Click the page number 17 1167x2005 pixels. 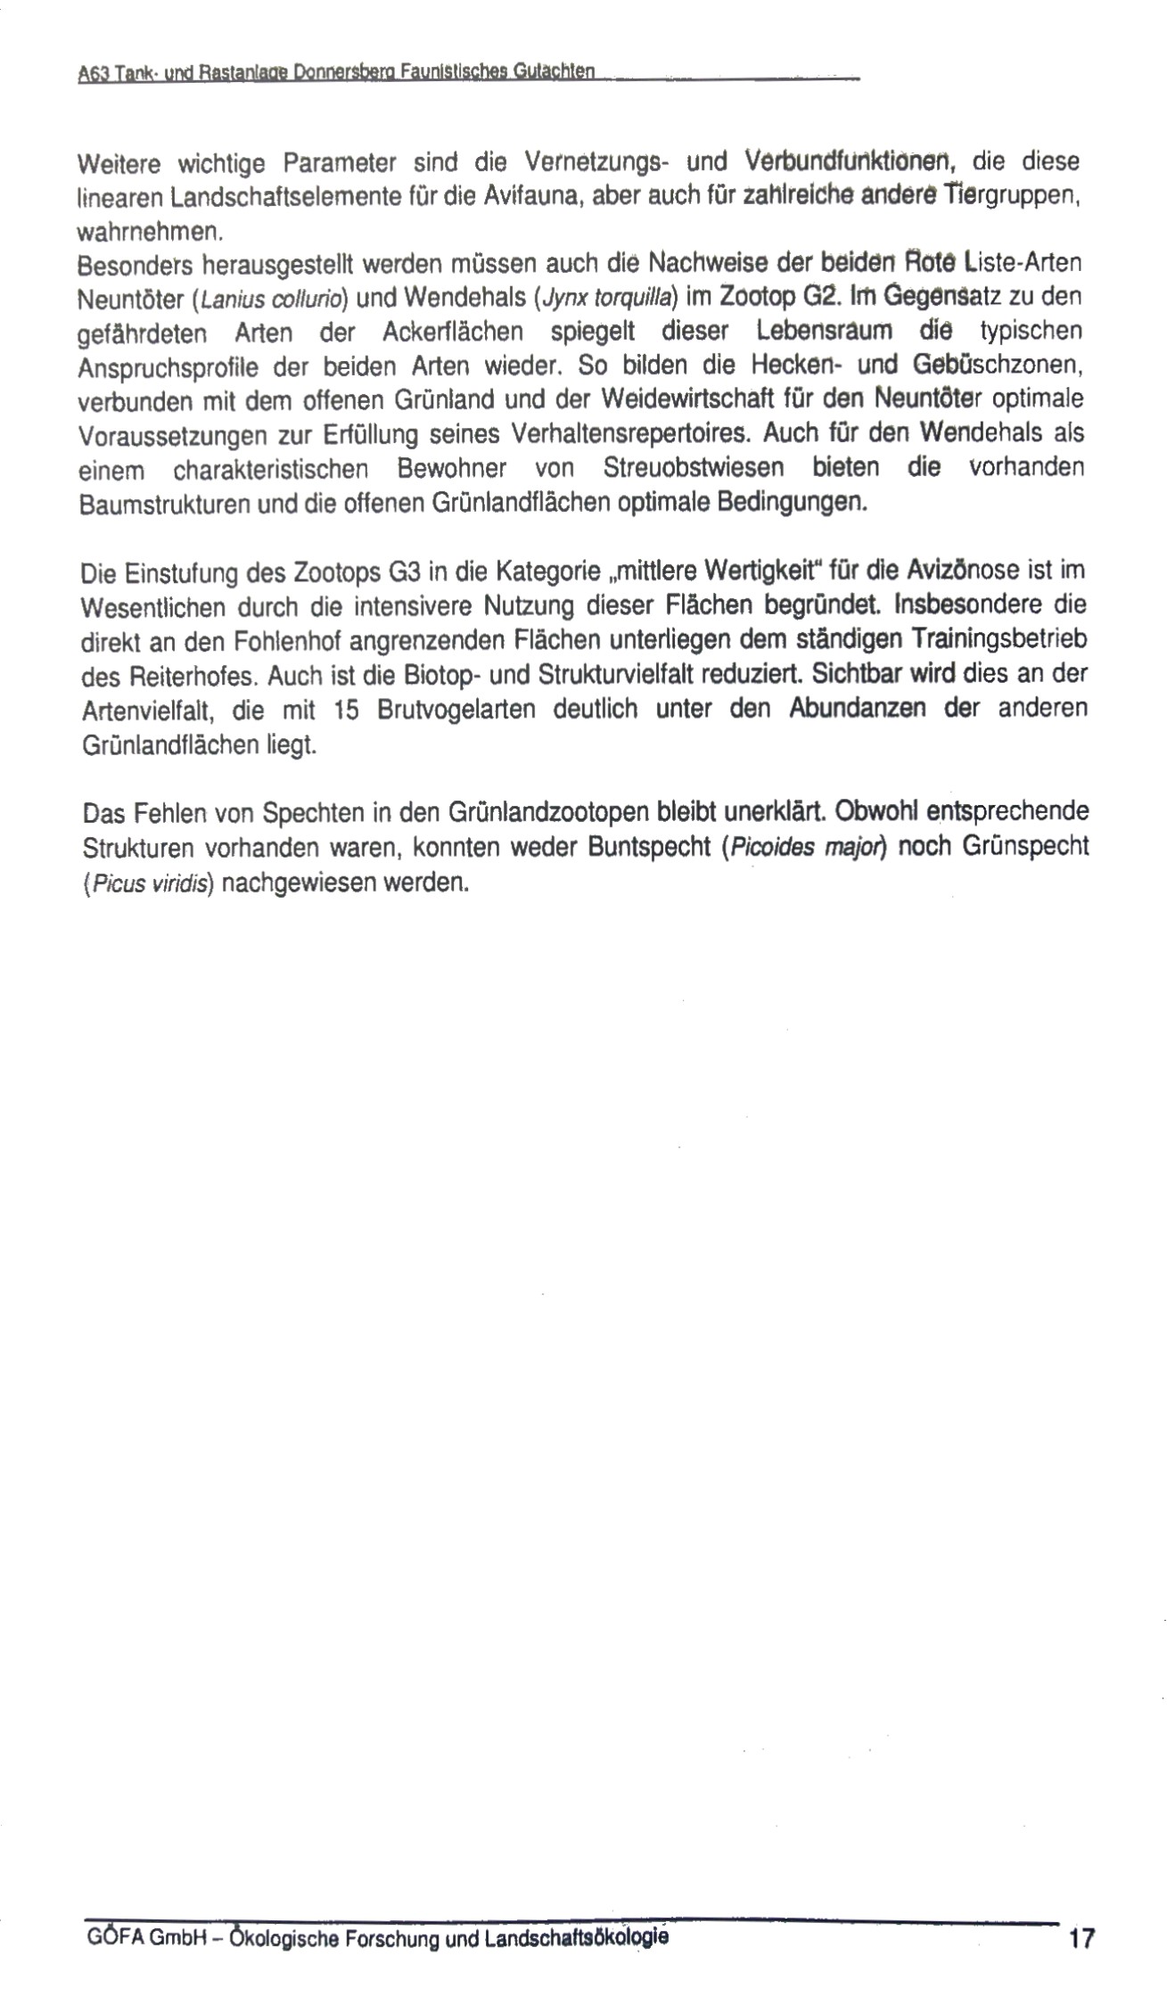1081,1938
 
